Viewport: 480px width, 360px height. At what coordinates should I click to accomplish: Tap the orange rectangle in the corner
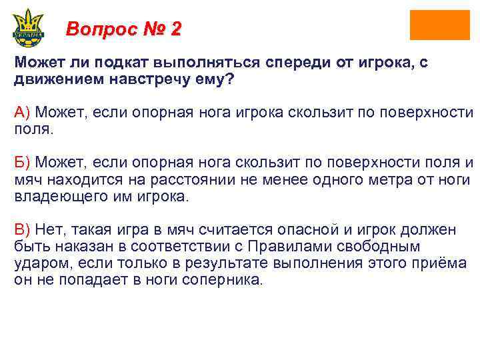[439, 25]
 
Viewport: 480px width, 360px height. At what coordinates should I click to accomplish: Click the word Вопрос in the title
[99, 29]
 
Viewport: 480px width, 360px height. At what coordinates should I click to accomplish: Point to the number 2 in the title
[175, 29]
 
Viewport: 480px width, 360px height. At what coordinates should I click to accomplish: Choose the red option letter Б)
[23, 163]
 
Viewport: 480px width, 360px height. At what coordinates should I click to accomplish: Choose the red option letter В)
[23, 231]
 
